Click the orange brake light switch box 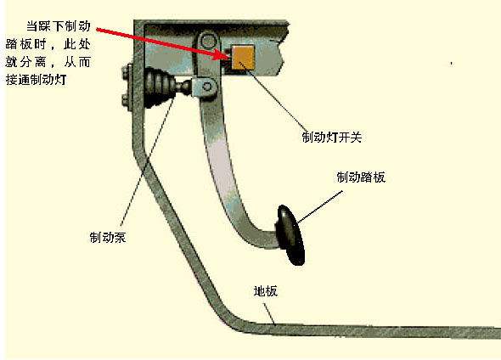(x=243, y=57)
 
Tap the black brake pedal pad (x=290, y=235)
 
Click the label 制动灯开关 (x=331, y=137)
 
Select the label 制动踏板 (x=361, y=177)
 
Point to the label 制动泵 (x=108, y=238)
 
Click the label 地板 (x=266, y=291)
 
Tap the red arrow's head (x=223, y=54)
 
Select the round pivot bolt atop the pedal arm (x=208, y=41)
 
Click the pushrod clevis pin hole (x=207, y=87)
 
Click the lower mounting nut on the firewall (x=127, y=99)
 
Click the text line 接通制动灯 (x=37, y=80)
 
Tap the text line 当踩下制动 (x=59, y=26)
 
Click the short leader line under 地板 (x=269, y=314)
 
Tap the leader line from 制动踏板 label (x=319, y=207)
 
